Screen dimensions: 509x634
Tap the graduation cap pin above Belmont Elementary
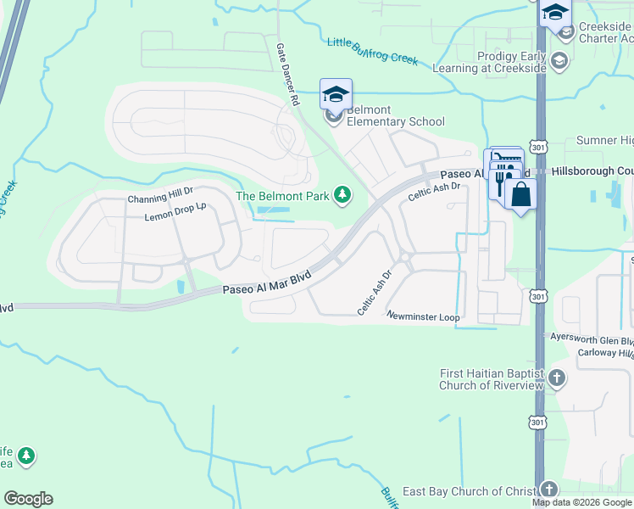[x=336, y=94]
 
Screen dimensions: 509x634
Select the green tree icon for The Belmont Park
[x=342, y=196]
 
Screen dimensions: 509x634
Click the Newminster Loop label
[x=423, y=316]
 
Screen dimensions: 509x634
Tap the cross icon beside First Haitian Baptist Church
[x=557, y=378]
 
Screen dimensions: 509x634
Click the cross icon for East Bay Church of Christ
[x=549, y=490]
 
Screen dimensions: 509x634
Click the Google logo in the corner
[x=28, y=499]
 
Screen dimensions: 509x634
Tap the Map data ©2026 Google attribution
[x=581, y=502]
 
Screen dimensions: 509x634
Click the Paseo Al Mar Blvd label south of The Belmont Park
[x=267, y=283]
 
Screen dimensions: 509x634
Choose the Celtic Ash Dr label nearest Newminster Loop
[x=374, y=294]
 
